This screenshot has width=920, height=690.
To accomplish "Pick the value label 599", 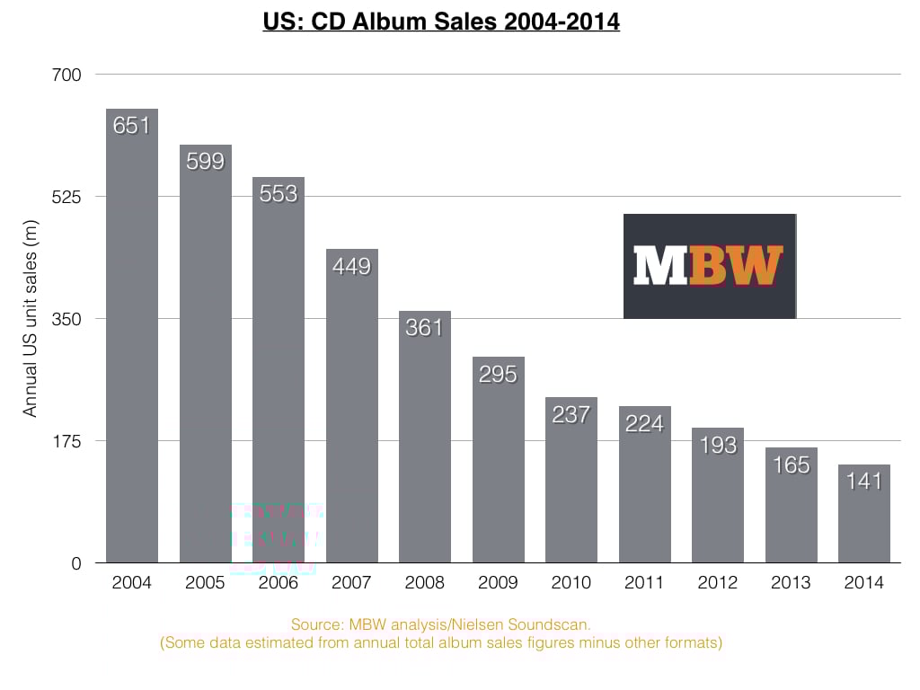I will point(205,162).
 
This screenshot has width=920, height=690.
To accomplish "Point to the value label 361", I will point(424,328).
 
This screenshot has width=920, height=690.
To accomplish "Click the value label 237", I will point(571,414).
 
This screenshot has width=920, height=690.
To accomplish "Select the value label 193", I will point(717,445).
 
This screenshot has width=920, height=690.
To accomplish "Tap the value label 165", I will point(791,464).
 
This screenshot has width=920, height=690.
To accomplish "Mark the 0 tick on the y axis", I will point(75,563).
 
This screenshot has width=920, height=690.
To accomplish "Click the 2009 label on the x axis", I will point(498,583).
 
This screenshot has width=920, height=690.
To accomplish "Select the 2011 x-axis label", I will point(644,583).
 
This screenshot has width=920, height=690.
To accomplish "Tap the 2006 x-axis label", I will point(279,583).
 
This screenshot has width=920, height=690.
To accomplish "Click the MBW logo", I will point(710,266).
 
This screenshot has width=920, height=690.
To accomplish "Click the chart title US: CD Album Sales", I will point(441,21).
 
